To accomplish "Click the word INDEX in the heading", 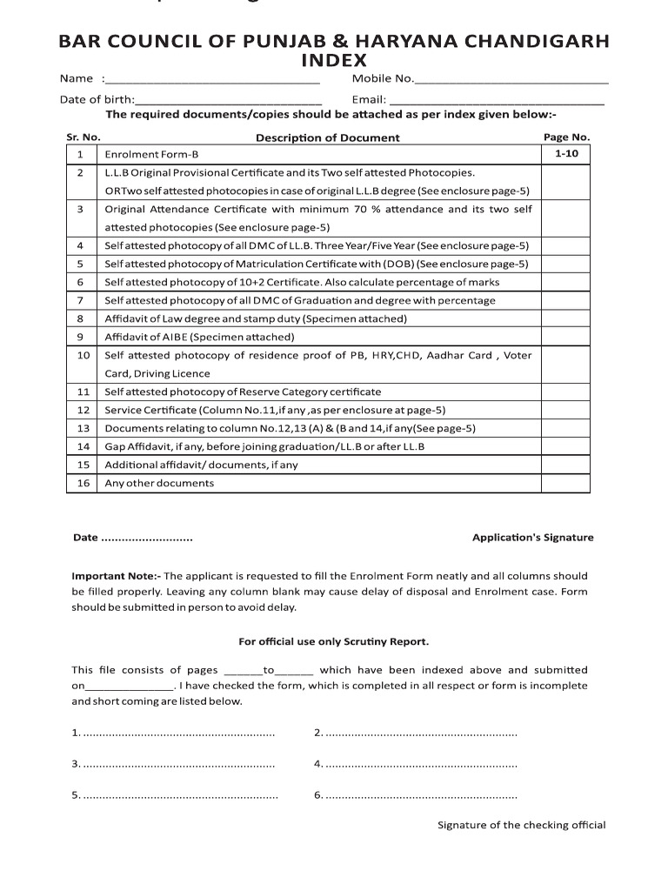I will pyautogui.click(x=334, y=61).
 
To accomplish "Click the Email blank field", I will pyautogui.click(x=496, y=102).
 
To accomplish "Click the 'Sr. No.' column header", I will pyautogui.click(x=83, y=137).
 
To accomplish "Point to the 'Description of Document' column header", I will pyautogui.click(x=327, y=137).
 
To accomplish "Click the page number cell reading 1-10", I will pyautogui.click(x=566, y=154).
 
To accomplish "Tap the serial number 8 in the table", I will pyautogui.click(x=80, y=318).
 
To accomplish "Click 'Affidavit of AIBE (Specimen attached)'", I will pyautogui.click(x=199, y=337).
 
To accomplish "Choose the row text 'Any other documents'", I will pyautogui.click(x=159, y=483).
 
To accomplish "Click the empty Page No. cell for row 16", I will pyautogui.click(x=566, y=483).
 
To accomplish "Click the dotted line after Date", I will pyautogui.click(x=147, y=538).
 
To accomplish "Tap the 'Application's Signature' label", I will pyautogui.click(x=532, y=538).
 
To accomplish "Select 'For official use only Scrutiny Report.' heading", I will pyautogui.click(x=333, y=642).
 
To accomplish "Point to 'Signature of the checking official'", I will pyautogui.click(x=521, y=825).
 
